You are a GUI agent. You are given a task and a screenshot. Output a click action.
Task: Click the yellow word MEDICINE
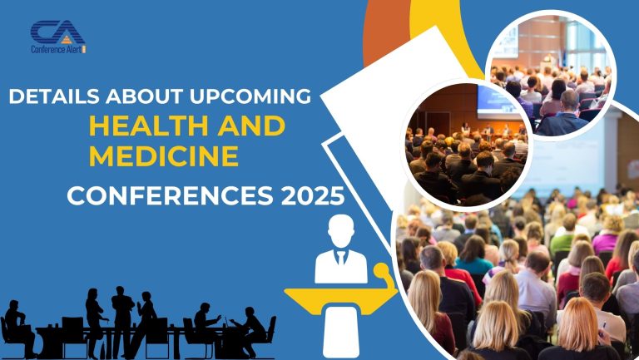coord(164,155)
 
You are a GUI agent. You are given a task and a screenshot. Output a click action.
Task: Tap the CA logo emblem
coord(57,33)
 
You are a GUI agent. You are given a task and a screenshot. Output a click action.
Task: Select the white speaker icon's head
coord(340,231)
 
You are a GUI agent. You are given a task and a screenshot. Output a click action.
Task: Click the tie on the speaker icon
coord(340,259)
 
